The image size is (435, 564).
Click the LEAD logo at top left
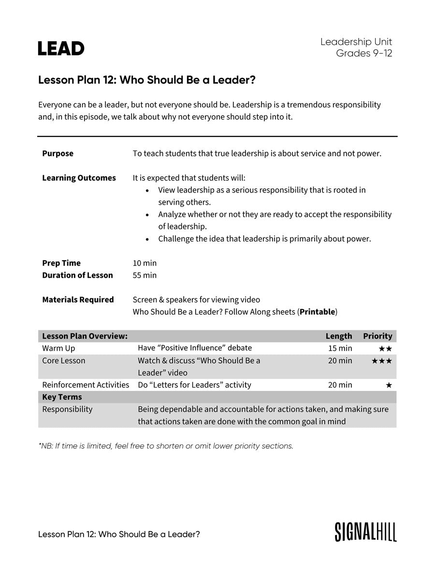[61, 48]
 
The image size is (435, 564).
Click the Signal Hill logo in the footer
[365, 532]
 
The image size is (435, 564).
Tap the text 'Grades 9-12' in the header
[364, 54]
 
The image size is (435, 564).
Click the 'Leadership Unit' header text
[356, 42]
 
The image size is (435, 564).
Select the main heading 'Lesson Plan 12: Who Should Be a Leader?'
[146, 80]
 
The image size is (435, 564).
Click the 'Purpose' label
[58, 153]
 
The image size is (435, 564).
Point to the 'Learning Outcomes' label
[79, 178]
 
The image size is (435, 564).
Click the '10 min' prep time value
[145, 263]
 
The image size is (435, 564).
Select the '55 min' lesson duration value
[145, 275]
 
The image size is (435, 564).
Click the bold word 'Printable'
[317, 312]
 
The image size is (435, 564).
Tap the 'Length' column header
[339, 336]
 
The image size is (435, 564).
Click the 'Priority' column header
[377, 336]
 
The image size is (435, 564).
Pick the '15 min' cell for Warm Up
[340, 348]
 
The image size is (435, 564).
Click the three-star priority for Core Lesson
[382, 361]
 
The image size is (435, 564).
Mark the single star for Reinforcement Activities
[389, 386]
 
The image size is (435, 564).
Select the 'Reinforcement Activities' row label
[86, 385]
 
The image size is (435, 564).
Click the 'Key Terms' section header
[62, 397]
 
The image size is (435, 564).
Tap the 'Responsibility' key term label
[67, 409]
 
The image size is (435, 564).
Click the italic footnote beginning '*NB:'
[166, 446]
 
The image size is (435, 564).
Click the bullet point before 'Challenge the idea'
[147, 239]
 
